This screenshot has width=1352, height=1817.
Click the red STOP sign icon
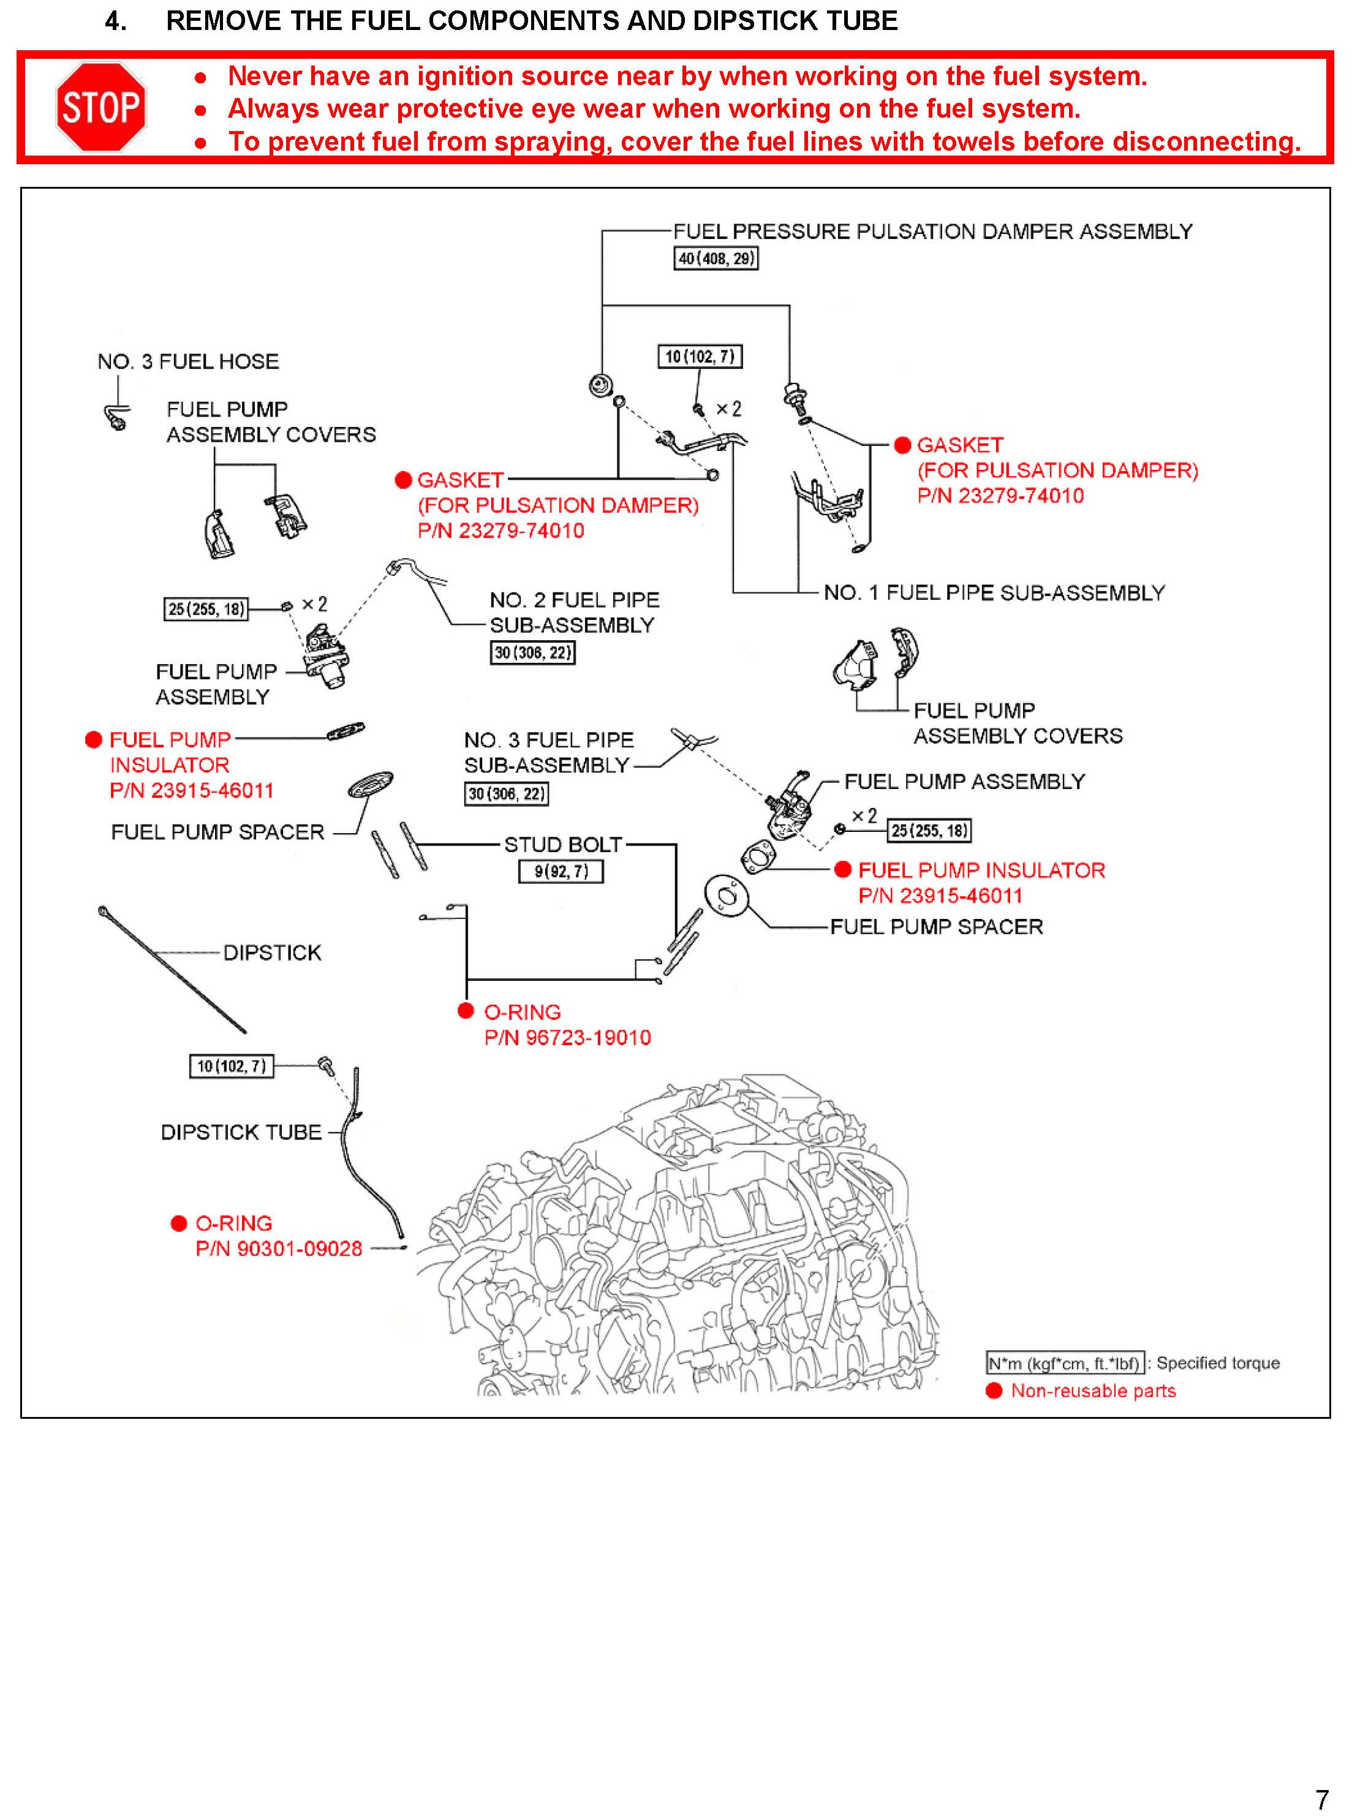pos(100,107)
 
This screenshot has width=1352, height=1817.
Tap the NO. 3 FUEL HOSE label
pos(188,362)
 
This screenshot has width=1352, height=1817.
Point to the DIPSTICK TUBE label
pos(241,1132)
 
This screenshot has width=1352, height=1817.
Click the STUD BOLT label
pos(562,845)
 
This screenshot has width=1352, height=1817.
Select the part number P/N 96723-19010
pos(567,1038)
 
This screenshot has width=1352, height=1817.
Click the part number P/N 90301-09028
pos(278,1249)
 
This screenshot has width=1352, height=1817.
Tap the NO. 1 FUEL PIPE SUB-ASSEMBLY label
pos(994,592)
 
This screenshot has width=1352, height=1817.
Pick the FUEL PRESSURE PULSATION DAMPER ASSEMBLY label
pos(932,232)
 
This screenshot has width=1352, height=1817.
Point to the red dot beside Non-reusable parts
pos(994,1391)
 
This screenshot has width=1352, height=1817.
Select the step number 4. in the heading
pos(115,20)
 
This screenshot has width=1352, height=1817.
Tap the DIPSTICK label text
pos(272,953)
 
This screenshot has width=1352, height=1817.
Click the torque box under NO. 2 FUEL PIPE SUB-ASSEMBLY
pos(532,652)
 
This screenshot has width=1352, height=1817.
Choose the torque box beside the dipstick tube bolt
pos(232,1066)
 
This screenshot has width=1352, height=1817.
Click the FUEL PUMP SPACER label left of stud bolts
pos(217,833)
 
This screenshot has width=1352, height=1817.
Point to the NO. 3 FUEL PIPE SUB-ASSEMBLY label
pos(548,752)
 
